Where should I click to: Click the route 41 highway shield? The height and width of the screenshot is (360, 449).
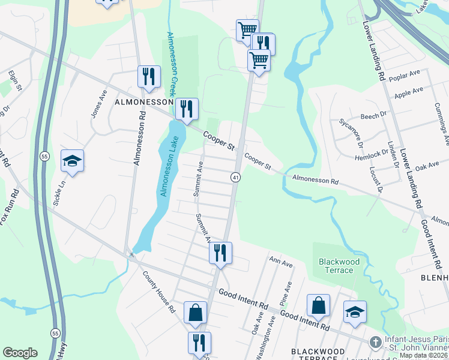pos(235,177)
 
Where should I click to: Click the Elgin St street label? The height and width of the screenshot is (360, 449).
pos(14,82)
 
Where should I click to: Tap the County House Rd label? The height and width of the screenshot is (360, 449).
pos(158,293)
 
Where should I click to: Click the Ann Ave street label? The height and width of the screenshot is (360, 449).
pos(280,262)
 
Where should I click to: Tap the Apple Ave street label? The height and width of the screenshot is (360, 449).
pos(408,92)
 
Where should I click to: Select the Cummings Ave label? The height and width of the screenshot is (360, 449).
pos(444,120)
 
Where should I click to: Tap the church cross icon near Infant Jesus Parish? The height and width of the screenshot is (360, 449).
pos(375,343)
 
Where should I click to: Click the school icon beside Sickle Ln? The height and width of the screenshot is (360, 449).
pos(72,161)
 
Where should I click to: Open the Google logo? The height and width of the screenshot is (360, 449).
pos(20,353)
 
